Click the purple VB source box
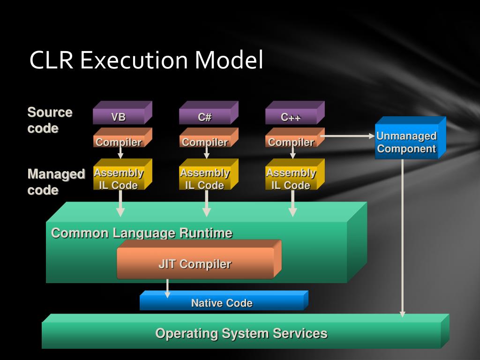coord(122,112)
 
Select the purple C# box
coord(209,112)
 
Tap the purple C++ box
coord(295,112)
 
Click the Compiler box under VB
coord(122,137)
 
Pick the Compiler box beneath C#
coord(209,137)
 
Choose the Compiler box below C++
coord(295,137)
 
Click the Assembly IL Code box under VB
coord(122,174)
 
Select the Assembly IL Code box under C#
coord(209,174)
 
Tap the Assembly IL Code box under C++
coord(295,174)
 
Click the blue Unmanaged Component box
coord(411,138)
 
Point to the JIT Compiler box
coord(199,260)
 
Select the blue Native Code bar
coord(224,300)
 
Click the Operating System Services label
coord(241,333)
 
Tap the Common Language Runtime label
coord(142,233)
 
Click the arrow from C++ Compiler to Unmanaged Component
coord(347,136)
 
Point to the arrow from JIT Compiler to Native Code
coord(167,288)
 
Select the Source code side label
coord(50,120)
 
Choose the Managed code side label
coord(56,182)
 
